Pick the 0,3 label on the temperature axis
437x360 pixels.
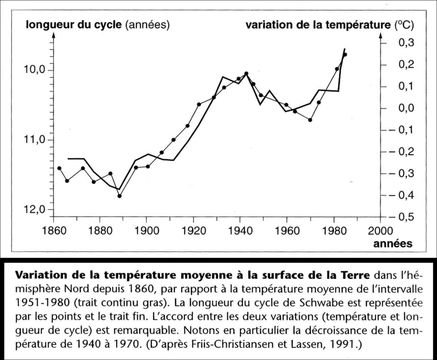coord(406,43)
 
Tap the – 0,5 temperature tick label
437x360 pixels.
coord(402,217)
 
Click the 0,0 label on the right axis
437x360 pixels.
coord(406,108)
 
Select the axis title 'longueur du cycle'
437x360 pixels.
coord(74,24)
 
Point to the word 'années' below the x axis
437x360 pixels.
coord(392,243)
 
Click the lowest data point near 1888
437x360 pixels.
coord(120,196)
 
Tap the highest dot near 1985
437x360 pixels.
coord(345,54)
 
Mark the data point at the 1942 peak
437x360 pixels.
coord(246,73)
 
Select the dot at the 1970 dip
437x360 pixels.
coord(310,120)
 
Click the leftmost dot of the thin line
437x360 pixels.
coord(59,168)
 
